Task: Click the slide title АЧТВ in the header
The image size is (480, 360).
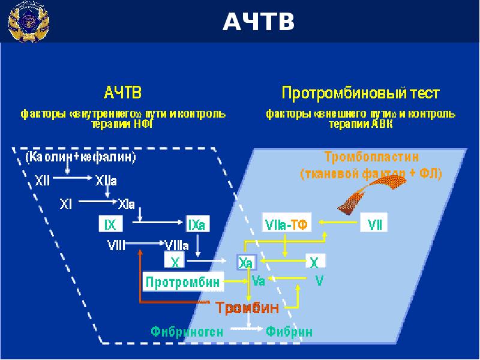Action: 259,22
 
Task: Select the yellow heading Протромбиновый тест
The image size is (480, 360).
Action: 361,94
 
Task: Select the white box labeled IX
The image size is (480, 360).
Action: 110,224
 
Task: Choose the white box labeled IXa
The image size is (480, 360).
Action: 197,224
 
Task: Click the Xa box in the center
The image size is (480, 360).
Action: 245,262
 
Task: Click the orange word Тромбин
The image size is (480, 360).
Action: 248,308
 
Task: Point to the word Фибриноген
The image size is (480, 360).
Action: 187,331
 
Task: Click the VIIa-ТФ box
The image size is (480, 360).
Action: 286,225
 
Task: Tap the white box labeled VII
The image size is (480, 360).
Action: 374,225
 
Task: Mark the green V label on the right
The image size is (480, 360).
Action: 319,280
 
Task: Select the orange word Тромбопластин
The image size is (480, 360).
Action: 371,157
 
